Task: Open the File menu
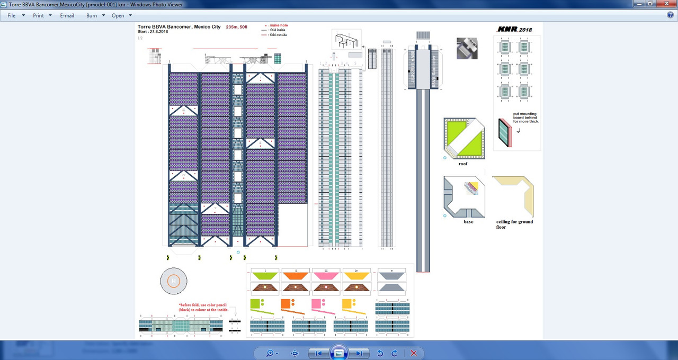tap(12, 15)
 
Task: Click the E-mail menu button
tap(67, 15)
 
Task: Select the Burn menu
tap(92, 15)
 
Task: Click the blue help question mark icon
tap(670, 15)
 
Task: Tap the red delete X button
tap(414, 353)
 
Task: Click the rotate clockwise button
tap(395, 353)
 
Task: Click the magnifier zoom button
tap(270, 353)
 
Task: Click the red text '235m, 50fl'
tap(236, 26)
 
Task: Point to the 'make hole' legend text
tap(279, 25)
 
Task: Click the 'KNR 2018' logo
tap(514, 30)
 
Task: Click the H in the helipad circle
tap(174, 281)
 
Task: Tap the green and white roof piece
tap(465, 138)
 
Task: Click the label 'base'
tap(468, 221)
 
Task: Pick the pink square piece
tap(316, 303)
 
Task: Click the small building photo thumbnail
tap(467, 48)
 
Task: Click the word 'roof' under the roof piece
tap(463, 164)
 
